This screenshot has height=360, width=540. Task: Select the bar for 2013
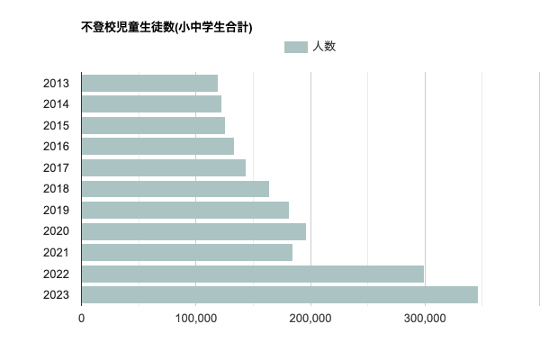149,84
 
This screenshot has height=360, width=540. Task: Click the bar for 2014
151,104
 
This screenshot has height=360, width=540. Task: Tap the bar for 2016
157,146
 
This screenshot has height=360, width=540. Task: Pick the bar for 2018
175,189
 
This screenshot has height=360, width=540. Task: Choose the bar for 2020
193,231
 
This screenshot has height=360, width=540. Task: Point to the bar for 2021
186,253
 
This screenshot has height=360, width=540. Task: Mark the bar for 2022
253,274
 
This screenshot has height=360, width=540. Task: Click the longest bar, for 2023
279,294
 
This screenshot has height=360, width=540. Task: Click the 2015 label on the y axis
57,126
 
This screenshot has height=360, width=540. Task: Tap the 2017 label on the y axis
57,167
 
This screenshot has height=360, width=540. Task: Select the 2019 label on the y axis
57,210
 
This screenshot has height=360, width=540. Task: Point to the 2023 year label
57,294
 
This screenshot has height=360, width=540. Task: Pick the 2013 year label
57,84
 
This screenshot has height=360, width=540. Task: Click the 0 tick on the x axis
82,318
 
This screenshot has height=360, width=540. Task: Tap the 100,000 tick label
196,318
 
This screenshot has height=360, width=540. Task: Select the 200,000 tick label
310,318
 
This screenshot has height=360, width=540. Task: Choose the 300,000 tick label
425,318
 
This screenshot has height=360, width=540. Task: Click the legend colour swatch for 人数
295,47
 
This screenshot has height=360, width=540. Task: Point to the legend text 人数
324,47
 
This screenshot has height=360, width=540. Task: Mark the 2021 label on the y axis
57,253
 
